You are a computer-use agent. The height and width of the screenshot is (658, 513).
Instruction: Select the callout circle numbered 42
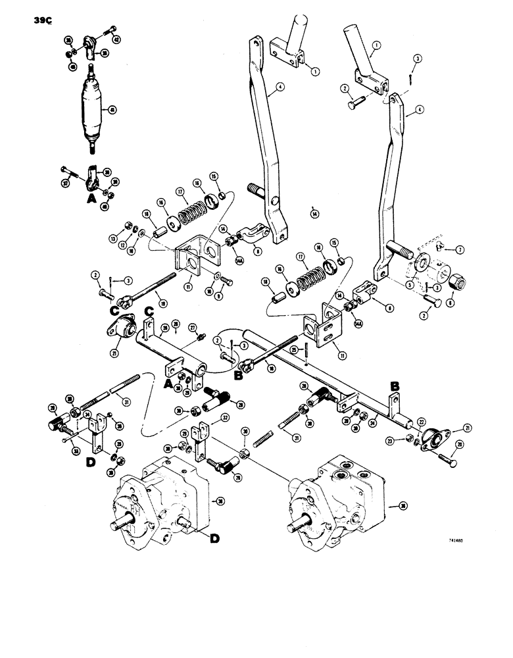tap(117, 39)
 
